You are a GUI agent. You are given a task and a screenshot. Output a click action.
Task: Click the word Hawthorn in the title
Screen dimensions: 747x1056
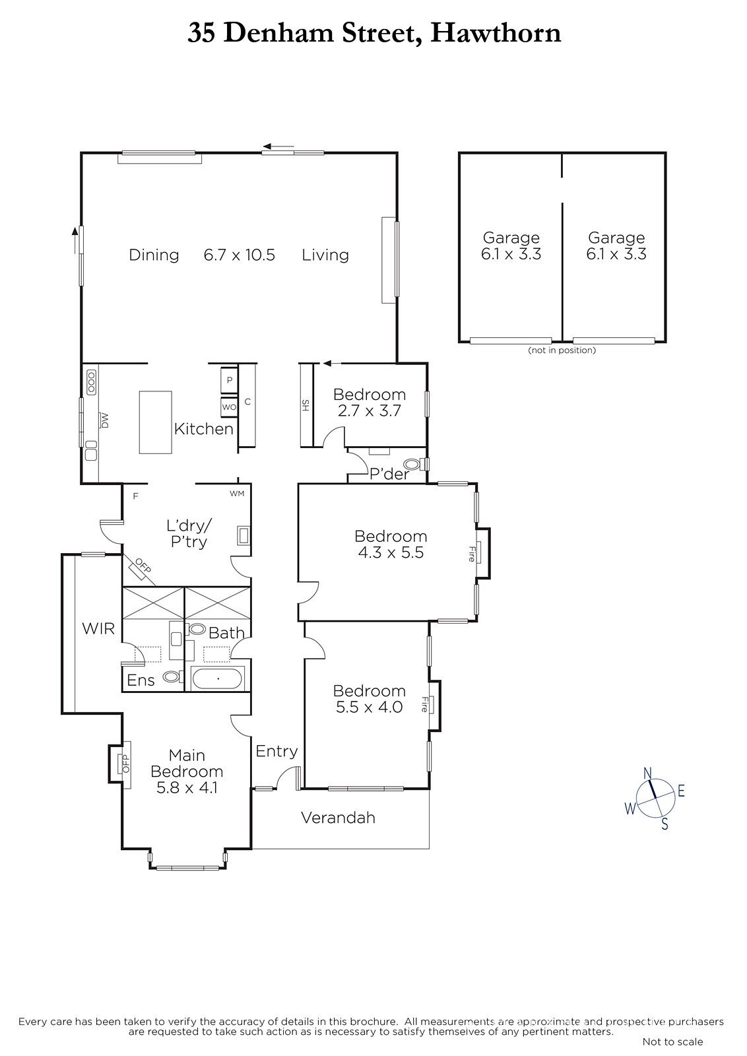pos(496,33)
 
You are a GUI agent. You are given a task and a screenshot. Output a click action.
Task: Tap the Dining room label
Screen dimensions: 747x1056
pos(154,255)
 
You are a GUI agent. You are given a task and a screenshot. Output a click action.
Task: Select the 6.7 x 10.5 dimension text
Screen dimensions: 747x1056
pos(239,255)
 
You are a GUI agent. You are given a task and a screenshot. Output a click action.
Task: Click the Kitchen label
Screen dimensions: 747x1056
pos(204,428)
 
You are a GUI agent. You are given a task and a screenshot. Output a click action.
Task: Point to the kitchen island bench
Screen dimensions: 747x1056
pos(155,422)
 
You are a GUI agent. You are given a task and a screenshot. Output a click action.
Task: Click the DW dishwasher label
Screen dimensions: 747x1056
pos(105,420)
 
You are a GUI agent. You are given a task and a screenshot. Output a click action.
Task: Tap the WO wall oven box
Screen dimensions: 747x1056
pos(229,407)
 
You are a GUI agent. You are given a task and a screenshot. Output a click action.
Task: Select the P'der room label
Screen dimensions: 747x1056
pos(389,474)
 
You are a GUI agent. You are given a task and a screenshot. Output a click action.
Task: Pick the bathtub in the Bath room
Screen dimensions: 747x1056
pos(217,679)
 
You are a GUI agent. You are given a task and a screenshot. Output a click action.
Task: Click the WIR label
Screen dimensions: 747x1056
pos(98,628)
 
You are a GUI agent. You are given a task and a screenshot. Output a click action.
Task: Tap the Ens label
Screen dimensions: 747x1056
pos(141,680)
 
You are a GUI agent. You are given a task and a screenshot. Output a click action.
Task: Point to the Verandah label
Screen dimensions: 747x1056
pos(338,818)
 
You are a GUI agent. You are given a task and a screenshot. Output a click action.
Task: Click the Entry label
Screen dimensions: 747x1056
pos(276,751)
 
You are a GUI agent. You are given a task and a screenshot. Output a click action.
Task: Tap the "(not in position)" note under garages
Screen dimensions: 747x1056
pos(562,350)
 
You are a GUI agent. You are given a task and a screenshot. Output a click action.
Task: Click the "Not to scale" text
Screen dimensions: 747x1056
pos(672,1041)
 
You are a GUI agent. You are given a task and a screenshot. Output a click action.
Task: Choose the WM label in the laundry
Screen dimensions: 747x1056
pos(237,494)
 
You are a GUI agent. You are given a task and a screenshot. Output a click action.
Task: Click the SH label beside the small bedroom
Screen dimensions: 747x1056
pos(306,405)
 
